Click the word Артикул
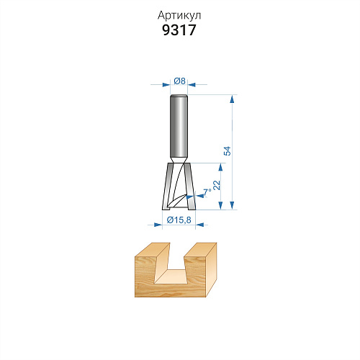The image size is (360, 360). click(179, 16)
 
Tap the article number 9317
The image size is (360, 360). click(179, 30)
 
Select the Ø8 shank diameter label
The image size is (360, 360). click(180, 81)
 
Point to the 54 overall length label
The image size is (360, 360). click(228, 150)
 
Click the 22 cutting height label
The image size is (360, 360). click(217, 185)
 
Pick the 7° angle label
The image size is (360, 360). click(207, 192)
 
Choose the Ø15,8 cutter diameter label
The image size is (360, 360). click(179, 220)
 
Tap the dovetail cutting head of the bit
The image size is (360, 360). click(179, 186)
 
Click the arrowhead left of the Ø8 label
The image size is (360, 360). click(166, 85)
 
